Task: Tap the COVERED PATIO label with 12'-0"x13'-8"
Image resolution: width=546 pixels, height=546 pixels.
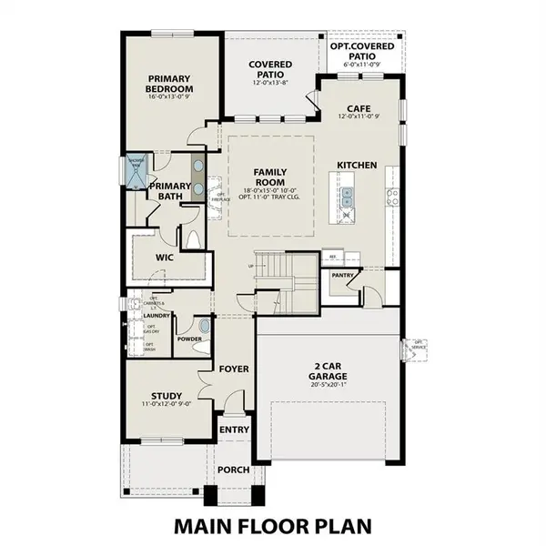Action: pos(268,69)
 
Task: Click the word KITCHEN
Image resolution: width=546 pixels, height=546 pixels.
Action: pos(357,165)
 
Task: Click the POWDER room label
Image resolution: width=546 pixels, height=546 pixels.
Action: pos(189,339)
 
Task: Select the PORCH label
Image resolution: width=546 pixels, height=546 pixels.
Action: pos(233,470)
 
